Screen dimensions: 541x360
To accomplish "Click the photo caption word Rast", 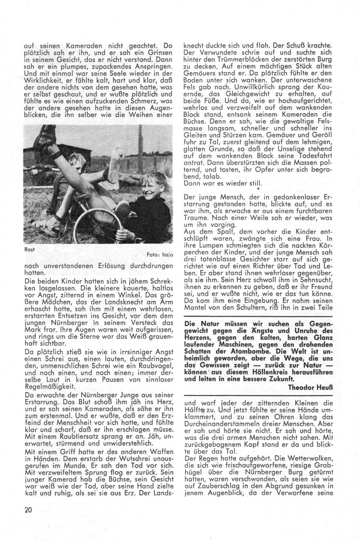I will coord(28,249).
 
